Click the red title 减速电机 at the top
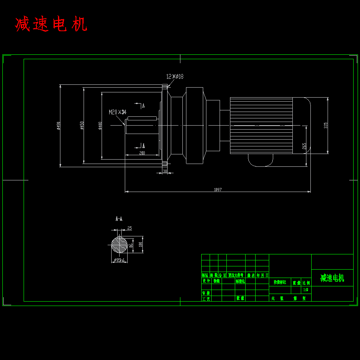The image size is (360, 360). click(51, 24)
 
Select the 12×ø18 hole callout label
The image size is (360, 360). click(175, 76)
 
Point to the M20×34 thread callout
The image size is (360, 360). click(118, 112)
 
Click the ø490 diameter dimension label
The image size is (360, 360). click(58, 126)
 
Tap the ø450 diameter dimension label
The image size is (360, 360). click(82, 126)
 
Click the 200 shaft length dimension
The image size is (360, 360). click(142, 153)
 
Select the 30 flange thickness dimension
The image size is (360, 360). click(165, 171)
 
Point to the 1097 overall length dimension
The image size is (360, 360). click(218, 190)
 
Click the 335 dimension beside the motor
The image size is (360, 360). click(326, 125)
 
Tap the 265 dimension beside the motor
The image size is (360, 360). click(304, 146)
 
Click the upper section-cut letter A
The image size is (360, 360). click(143, 106)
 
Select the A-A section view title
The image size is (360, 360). click(119, 219)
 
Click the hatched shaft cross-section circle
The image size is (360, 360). click(119, 245)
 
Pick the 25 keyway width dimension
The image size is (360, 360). click(129, 228)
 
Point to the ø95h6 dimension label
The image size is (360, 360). click(119, 260)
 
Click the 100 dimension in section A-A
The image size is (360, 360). click(140, 244)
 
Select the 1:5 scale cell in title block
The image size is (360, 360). click(306, 290)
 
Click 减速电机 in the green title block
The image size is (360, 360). click(332, 278)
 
